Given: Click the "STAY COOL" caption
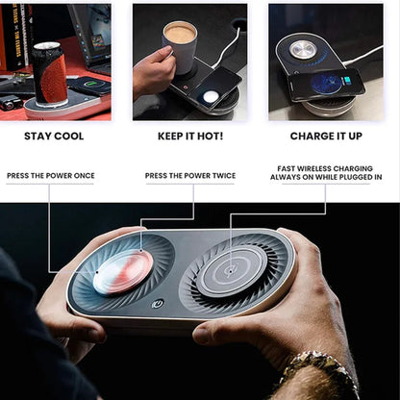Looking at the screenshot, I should click(x=54, y=137).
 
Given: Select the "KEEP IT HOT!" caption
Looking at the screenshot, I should click(x=190, y=137).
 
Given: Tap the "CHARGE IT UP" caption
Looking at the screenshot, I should click(x=325, y=137).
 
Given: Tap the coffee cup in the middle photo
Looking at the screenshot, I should click(x=180, y=46).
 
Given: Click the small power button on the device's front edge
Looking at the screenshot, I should click(x=158, y=304).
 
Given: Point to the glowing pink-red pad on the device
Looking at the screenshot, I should click(x=123, y=272).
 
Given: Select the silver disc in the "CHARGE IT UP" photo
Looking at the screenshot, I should click(x=304, y=48).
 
